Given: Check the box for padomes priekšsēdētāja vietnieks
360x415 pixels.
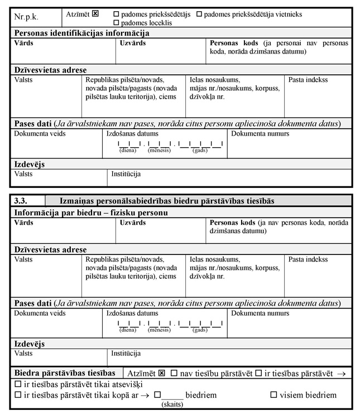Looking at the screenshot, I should coord(200,13).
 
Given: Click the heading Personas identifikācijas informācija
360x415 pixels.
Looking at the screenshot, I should coord(81,33).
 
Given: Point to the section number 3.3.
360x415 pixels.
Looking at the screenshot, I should coord(21,200).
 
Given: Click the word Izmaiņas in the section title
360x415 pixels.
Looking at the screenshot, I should coord(78,200).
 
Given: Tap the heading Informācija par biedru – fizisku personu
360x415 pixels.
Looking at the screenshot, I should coord(91,212).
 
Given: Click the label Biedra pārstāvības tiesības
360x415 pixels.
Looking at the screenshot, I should coord(64,373).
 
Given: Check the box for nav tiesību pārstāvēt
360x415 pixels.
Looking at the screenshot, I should coord(174,373).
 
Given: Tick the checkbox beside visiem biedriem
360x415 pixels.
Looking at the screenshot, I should coord(273,395).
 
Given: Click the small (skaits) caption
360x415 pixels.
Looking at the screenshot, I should coord(171,404).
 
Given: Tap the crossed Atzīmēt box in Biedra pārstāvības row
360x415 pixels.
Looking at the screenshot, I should coord(162,373).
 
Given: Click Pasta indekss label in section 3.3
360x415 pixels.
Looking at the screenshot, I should coord(308,260).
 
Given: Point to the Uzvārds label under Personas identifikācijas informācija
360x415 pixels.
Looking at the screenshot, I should coord(133,43).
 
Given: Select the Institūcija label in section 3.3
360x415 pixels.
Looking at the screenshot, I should coord(126,353).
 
